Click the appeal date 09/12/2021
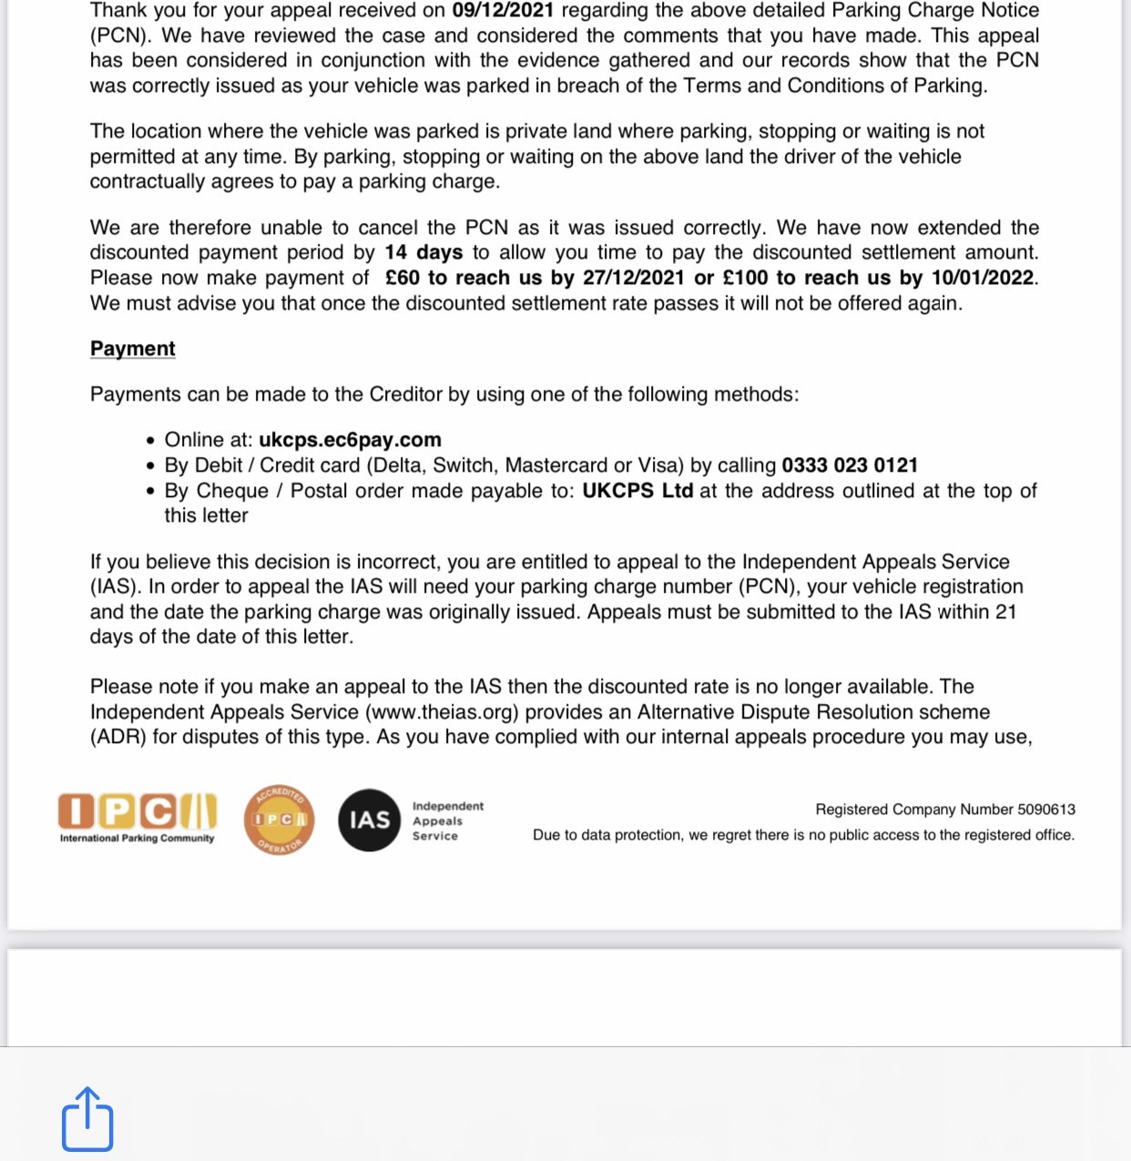pos(503,10)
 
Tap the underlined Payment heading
pos(133,349)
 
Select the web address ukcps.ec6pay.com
pos(350,440)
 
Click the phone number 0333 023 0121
pos(850,465)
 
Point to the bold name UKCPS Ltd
pos(637,491)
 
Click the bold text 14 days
pos(423,252)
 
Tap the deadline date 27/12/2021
pos(633,278)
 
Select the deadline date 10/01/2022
pos(982,278)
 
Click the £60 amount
pos(402,278)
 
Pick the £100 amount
pos(745,278)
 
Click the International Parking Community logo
pos(138,817)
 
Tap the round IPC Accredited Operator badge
pos(280,820)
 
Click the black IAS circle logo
pos(369,820)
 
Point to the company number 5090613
pos(1045,810)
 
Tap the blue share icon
pos(87,1119)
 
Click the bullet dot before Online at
pos(151,441)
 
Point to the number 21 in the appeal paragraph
pos(1005,612)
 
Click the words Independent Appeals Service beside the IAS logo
pos(447,820)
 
